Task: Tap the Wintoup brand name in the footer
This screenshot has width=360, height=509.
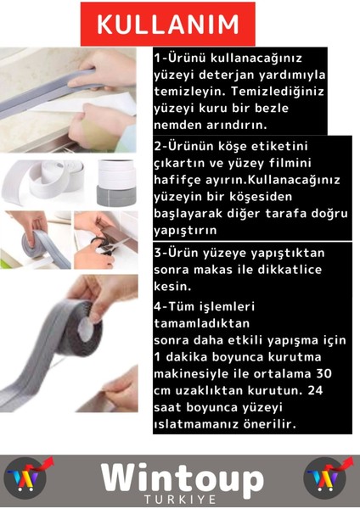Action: coord(182,476)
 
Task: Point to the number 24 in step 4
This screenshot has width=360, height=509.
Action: coord(316,391)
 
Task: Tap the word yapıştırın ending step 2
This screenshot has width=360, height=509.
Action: coord(186,229)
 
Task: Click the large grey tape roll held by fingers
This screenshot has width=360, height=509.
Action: coord(68,339)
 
